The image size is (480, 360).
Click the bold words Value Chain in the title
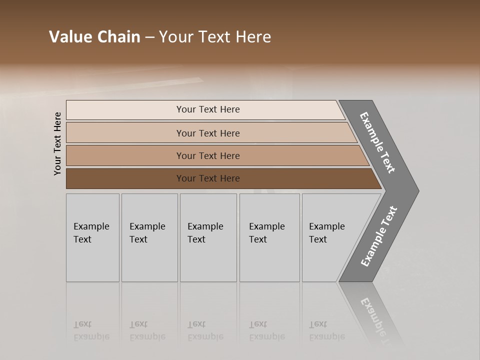[94, 37]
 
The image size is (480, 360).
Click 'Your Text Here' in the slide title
[215, 37]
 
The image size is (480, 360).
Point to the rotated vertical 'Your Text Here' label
[57, 143]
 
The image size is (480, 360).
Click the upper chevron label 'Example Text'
[377, 142]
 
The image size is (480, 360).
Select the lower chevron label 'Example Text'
[378, 236]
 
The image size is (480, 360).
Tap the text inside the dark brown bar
[208, 178]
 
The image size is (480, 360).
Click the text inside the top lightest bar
[208, 109]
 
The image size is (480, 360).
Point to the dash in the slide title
[149, 37]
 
